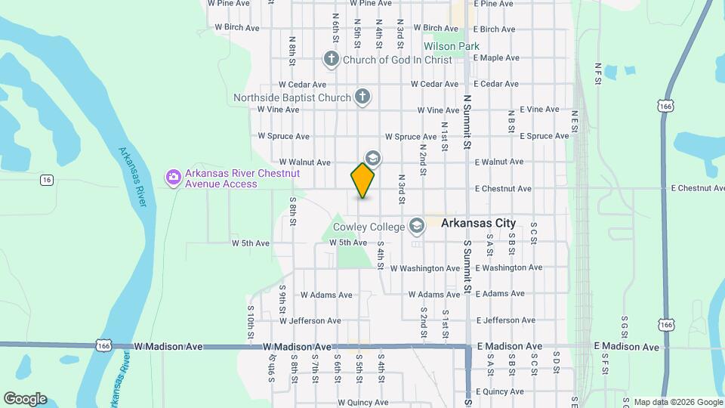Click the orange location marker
363,181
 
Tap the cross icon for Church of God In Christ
330,59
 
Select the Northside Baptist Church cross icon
362,97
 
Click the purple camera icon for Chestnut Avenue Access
174,178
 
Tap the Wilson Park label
451,46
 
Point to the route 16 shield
47,179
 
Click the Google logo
25,399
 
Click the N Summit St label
467,121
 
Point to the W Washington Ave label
426,268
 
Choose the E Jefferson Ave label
505,320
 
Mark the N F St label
597,73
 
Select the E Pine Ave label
497,4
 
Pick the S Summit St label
467,267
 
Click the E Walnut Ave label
498,162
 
